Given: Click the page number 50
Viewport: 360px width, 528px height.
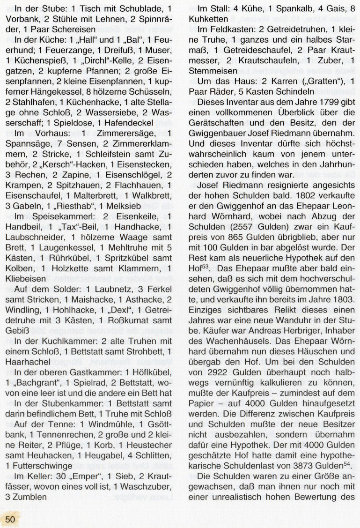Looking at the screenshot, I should (11, 518).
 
